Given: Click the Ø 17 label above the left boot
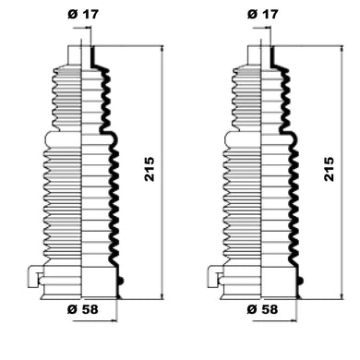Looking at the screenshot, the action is [x=83, y=14].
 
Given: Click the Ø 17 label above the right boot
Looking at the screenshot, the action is [x=262, y=14].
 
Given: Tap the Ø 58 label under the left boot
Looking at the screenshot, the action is [x=82, y=309].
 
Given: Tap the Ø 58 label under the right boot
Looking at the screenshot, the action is [x=262, y=309].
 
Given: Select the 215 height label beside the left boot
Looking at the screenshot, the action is [x=150, y=169].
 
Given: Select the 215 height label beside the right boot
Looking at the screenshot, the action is [x=329, y=169].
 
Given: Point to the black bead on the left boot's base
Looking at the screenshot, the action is [x=121, y=281].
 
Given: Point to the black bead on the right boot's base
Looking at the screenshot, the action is [x=300, y=281].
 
